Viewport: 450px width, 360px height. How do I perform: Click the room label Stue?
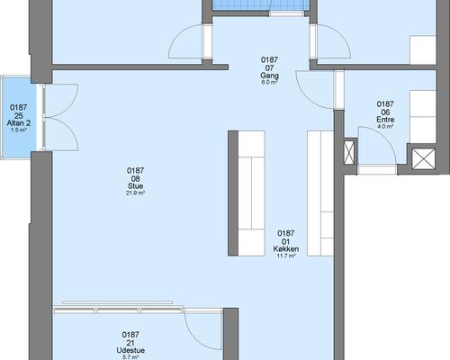click(x=135, y=186)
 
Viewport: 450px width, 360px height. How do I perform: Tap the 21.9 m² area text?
click(x=136, y=193)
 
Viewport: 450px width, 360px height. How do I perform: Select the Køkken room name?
click(x=286, y=249)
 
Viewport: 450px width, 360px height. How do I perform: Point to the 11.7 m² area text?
click(x=286, y=256)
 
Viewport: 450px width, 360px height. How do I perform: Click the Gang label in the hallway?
click(x=269, y=76)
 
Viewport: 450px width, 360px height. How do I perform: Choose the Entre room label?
click(x=385, y=120)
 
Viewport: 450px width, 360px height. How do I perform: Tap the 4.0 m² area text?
click(x=385, y=126)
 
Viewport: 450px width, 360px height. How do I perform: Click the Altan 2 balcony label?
click(x=19, y=123)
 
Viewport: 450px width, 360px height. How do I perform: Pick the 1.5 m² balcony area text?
click(x=19, y=130)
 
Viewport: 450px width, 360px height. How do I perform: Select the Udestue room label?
click(x=130, y=350)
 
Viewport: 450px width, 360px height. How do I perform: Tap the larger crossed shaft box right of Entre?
click(x=423, y=159)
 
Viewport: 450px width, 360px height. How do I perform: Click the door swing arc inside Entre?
click(x=388, y=138)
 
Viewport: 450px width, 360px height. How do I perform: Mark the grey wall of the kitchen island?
click(x=233, y=193)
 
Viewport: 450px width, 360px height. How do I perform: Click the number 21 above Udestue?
click(x=130, y=343)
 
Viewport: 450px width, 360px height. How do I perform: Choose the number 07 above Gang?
click(x=269, y=68)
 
